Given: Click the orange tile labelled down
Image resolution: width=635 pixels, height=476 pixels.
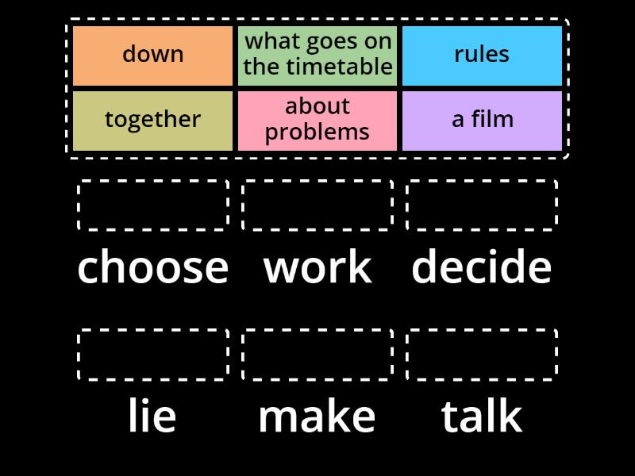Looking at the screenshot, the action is tap(152, 56).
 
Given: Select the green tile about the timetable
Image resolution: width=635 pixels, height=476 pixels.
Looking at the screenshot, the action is tap(317, 56).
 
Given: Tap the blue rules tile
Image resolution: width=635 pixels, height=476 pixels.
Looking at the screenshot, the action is tap(482, 56).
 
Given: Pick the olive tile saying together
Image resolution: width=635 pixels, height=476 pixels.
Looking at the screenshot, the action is tap(152, 121).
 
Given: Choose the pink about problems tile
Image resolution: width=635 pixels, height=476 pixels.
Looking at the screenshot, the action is tap(317, 121).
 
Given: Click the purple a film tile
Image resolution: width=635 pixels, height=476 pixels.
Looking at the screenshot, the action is tap(482, 121).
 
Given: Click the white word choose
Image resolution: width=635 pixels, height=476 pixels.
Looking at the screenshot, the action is tap(153, 267).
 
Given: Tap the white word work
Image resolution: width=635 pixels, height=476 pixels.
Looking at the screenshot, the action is tap(317, 267).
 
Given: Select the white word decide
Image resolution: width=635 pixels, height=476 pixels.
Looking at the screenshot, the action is tap(482, 266).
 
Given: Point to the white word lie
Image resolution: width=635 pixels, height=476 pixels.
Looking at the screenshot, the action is tap(152, 415).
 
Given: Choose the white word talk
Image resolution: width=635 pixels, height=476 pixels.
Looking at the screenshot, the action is tap(482, 415).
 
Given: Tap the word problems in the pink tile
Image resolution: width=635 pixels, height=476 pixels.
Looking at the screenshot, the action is tap(317, 132).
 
